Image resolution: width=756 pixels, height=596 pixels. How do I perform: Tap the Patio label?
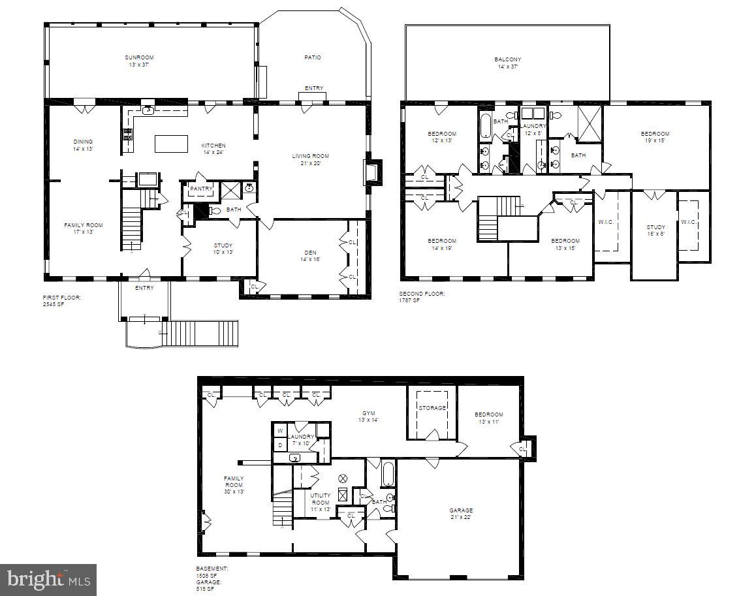point(312,57)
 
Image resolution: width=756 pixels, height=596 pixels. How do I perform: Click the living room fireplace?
point(370,172)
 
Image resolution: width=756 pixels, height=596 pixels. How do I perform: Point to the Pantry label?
point(201,189)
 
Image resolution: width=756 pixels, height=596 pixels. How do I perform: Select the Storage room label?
point(432,408)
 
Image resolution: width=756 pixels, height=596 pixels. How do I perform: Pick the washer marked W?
point(279,431)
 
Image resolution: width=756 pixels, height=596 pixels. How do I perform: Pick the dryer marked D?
point(279,445)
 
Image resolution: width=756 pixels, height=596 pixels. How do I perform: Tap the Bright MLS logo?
point(48,580)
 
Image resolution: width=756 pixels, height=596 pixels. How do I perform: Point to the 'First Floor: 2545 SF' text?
point(62,300)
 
